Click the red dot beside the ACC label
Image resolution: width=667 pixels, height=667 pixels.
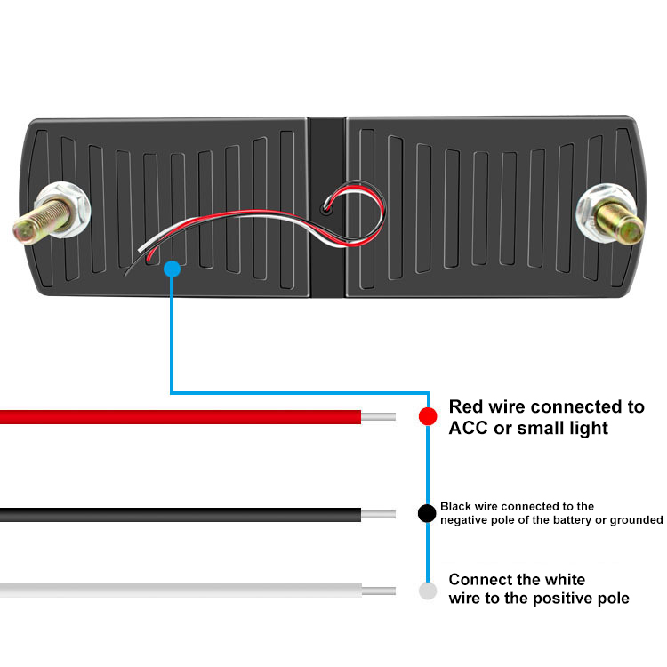428,415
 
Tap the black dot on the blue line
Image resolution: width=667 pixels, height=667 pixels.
428,513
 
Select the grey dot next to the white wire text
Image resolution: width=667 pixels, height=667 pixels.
428,591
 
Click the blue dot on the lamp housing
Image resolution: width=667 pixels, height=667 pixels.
173,268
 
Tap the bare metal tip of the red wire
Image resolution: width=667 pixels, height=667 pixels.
378,416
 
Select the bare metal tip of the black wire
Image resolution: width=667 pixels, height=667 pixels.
378,514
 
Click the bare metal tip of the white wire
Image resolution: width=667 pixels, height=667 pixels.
378,591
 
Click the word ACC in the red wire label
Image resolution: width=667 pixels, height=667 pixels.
469,428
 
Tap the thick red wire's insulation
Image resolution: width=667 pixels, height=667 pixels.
178,416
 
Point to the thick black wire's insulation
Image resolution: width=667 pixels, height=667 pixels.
178,514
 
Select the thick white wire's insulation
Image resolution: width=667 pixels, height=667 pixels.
178,591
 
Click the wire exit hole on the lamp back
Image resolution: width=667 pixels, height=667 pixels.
327,211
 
